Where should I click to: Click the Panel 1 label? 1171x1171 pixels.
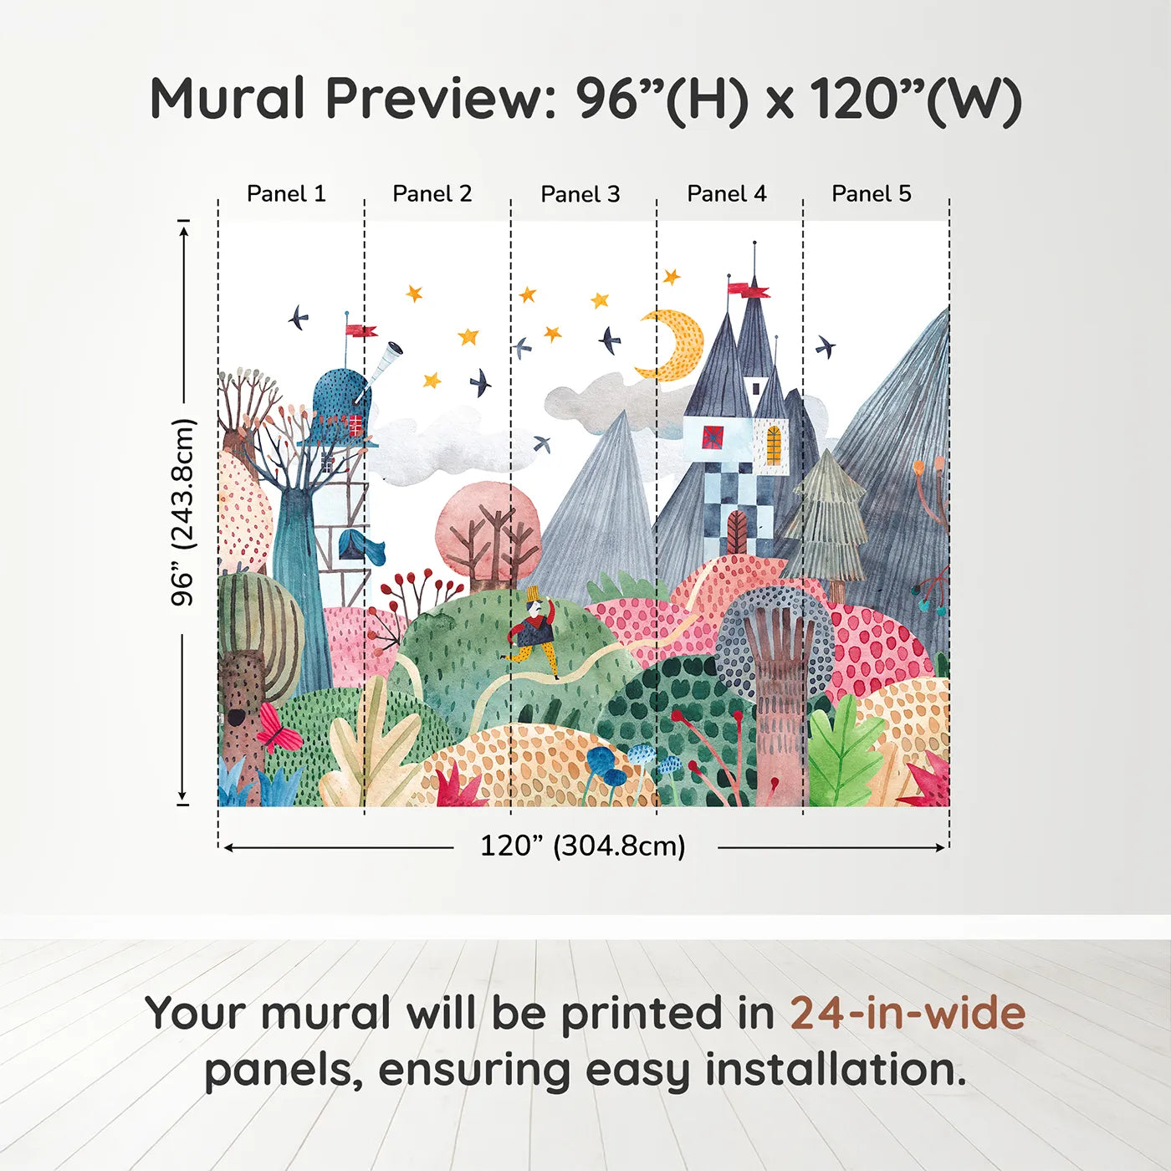286,194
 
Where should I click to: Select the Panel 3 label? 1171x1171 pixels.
580,195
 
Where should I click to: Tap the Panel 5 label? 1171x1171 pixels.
872,194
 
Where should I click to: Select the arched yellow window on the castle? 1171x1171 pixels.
774,445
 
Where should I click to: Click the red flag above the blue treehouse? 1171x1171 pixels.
361,330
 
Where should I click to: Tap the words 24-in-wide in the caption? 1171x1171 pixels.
908,1014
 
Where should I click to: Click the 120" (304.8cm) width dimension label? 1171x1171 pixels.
583,846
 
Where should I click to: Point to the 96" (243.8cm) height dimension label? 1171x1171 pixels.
182,512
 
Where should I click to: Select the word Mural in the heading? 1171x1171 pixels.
228,98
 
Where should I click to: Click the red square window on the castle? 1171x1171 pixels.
713,437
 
